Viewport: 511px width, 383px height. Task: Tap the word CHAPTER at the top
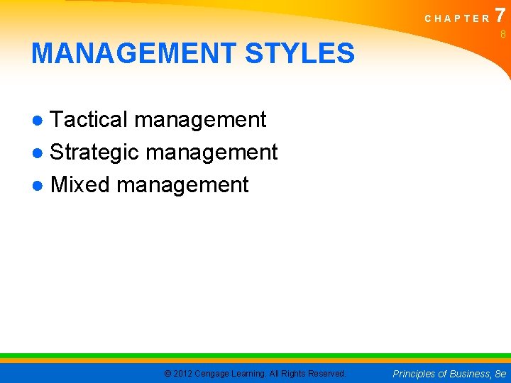tap(457, 18)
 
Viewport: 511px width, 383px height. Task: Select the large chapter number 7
tap(500, 15)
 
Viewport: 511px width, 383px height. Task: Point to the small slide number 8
tap(502, 34)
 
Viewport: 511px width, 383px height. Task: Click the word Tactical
tap(89, 120)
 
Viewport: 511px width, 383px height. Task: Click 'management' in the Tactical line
tap(200, 120)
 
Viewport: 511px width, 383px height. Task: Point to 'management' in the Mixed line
tap(182, 184)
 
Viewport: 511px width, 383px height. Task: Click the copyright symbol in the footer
tap(167, 374)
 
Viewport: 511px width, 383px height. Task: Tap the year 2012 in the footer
tap(183, 374)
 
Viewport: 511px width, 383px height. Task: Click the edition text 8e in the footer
tap(501, 374)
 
